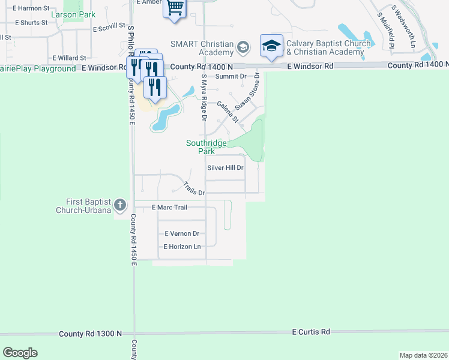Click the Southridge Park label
click(x=206, y=147)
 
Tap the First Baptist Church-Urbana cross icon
click(x=120, y=205)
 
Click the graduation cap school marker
click(x=271, y=46)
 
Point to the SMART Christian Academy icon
click(x=243, y=47)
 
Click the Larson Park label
click(x=74, y=13)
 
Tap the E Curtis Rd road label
click(x=311, y=332)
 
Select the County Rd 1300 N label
click(x=90, y=334)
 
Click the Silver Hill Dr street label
click(x=225, y=168)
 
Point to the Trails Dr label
click(x=194, y=189)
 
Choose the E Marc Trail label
click(x=170, y=208)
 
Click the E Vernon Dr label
click(x=181, y=233)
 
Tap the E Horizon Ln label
click(x=182, y=247)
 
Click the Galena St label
click(x=228, y=111)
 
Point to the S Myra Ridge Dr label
click(x=204, y=93)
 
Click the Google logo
click(x=20, y=353)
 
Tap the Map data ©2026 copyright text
click(x=423, y=355)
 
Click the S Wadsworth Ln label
click(x=403, y=27)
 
